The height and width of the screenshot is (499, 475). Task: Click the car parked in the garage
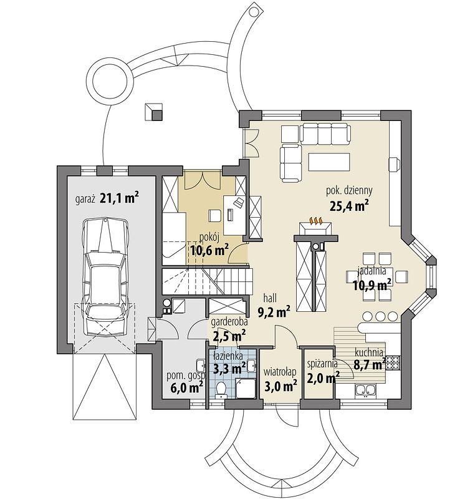click(x=105, y=277)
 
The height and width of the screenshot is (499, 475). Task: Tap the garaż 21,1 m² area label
click(x=107, y=199)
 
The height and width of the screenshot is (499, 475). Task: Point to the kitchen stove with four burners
click(x=393, y=362)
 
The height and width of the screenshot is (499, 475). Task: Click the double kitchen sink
click(x=366, y=391)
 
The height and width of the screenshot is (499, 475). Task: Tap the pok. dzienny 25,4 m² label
click(x=349, y=198)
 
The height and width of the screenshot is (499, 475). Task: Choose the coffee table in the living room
click(x=329, y=162)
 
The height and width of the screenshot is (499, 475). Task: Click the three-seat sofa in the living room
click(x=325, y=133)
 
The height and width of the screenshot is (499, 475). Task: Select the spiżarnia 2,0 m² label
click(x=323, y=371)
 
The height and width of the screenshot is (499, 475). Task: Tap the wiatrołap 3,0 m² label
click(x=281, y=379)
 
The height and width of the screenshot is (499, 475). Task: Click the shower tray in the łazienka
click(x=245, y=388)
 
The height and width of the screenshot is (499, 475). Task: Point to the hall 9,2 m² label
click(x=274, y=306)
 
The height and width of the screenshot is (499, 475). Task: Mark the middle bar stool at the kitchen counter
click(x=380, y=316)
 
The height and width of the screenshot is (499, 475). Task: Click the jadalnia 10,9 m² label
click(x=372, y=279)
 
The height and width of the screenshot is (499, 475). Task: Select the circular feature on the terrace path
click(x=112, y=80)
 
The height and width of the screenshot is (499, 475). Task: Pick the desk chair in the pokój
click(x=215, y=215)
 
